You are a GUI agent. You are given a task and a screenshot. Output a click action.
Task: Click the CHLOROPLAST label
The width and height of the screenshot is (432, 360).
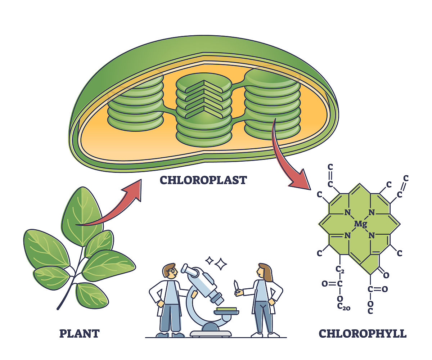203,180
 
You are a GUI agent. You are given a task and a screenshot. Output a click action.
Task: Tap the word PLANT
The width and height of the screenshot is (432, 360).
79,333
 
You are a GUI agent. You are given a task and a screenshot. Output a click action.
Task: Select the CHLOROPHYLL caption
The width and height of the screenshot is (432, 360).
363,333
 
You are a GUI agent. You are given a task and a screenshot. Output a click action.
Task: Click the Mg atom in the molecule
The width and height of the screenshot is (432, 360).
360,224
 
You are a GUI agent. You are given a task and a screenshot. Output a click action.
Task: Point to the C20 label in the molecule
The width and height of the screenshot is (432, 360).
343,307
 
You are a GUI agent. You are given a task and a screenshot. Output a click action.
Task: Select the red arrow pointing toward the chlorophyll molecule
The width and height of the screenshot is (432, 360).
288,158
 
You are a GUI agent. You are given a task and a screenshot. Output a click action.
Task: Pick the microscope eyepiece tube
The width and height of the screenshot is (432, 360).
190,271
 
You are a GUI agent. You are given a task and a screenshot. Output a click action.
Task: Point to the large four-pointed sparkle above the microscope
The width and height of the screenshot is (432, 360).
221,264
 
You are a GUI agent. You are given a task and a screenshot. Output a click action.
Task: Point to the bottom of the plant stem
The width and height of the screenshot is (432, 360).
59,308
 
